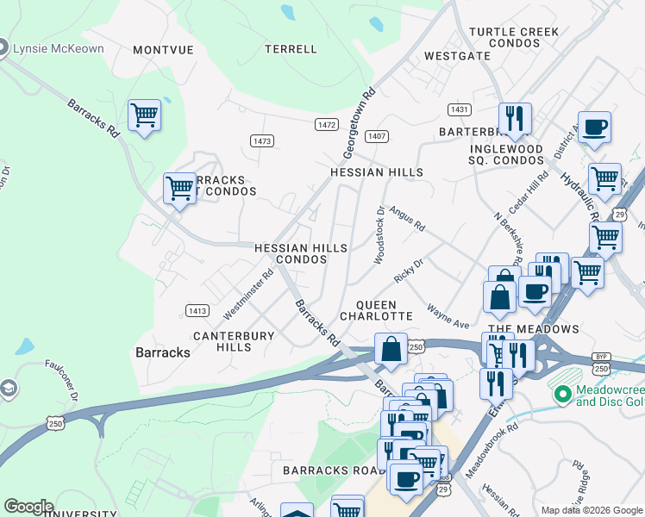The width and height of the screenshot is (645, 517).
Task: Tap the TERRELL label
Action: [x=291, y=49]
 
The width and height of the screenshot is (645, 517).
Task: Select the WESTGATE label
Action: [x=457, y=56]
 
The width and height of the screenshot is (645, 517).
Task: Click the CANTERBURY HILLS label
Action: [x=234, y=341]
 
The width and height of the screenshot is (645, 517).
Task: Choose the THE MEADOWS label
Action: [x=534, y=330]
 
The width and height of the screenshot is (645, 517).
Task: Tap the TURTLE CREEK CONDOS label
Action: [x=514, y=38]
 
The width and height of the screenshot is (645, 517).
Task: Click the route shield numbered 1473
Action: [x=262, y=140]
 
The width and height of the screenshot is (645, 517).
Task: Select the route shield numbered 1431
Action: [x=460, y=109]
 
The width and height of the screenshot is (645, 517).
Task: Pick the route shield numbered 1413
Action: [x=197, y=309]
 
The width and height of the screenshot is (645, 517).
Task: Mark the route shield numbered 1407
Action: [x=376, y=136]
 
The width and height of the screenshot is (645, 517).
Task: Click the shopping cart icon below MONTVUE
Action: [x=144, y=115]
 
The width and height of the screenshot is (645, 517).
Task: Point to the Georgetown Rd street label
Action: [x=360, y=121]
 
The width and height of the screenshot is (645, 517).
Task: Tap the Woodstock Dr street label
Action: [x=379, y=234]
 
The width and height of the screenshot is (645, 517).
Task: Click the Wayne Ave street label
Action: [x=449, y=319]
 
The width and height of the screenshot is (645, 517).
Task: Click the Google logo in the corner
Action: [x=28, y=507]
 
